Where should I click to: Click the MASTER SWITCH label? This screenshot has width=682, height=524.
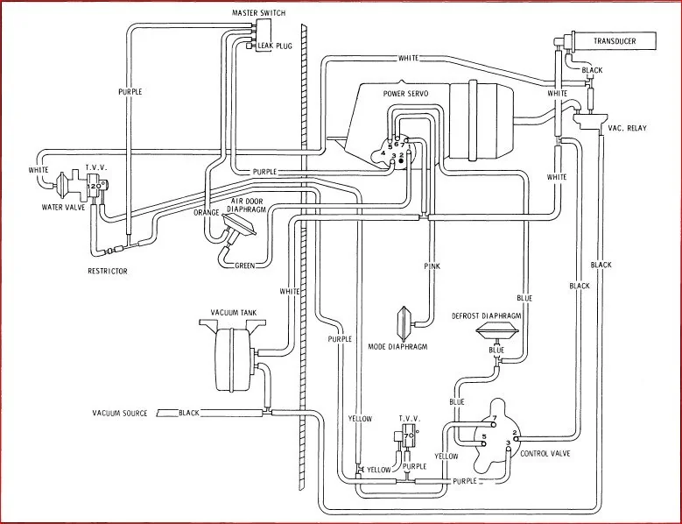pos(259,13)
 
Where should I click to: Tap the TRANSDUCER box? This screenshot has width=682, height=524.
pos(615,41)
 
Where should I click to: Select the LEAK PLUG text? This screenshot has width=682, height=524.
pos(275,46)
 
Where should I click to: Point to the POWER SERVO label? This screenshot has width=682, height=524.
pos(405,94)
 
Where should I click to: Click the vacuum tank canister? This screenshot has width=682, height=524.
pos(234,359)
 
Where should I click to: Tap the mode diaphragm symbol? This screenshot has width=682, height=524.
pos(404,324)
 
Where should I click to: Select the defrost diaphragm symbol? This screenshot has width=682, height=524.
pos(497,332)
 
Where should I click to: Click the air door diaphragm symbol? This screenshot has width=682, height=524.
pos(238,227)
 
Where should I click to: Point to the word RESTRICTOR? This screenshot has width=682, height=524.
pos(108,271)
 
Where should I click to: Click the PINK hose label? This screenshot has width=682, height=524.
pos(432,266)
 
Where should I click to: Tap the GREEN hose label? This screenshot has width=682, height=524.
pos(245,266)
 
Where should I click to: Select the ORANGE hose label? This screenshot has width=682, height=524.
pos(206,212)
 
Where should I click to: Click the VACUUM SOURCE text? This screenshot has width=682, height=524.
pos(120,413)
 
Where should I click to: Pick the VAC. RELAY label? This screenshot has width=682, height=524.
pos(627,128)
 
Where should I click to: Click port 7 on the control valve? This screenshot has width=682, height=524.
pos(495,423)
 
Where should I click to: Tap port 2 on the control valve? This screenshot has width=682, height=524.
pos(515,433)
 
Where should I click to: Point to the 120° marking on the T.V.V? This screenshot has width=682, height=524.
pos(96,186)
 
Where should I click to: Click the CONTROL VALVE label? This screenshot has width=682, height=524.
pos(545,454)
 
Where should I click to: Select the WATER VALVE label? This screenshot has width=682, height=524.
pos(64,208)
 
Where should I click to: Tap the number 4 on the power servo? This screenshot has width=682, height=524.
pos(383,153)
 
